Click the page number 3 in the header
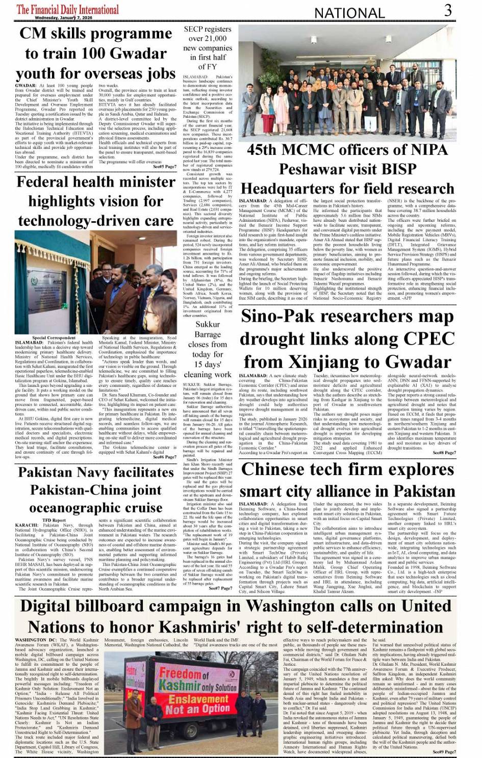click(447, 11)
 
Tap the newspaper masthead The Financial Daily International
click(68, 9)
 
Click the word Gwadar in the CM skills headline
click(127, 54)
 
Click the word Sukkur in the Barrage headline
click(208, 324)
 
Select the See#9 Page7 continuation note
click(444, 752)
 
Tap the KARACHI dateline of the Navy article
click(27, 525)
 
